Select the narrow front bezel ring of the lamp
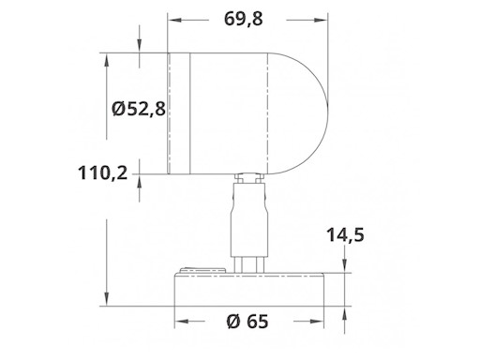[x=179, y=112]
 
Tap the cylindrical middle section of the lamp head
[x=230, y=112]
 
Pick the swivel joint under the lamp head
[x=248, y=177]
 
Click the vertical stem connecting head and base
[x=248, y=220]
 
